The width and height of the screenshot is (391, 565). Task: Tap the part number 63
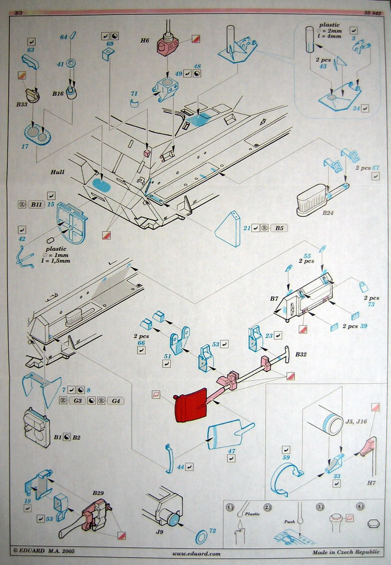pyautogui.click(x=31, y=51)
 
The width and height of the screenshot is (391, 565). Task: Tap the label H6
pyautogui.click(x=145, y=40)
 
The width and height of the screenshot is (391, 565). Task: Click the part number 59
pyautogui.click(x=286, y=457)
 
